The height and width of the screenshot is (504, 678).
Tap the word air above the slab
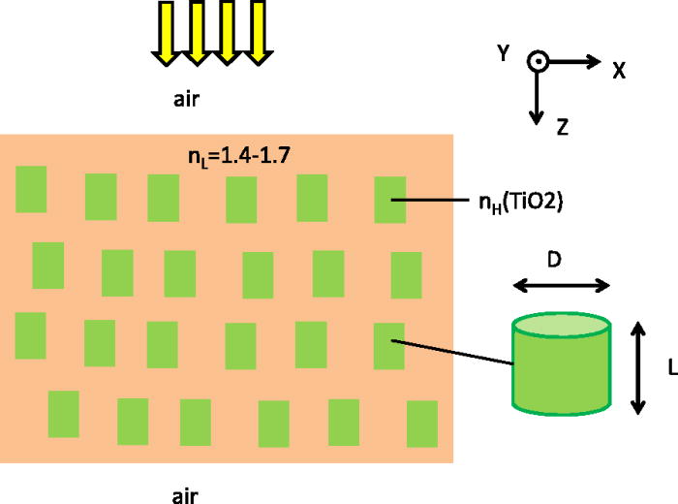click(185, 99)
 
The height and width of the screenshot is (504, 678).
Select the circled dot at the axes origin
click(536, 62)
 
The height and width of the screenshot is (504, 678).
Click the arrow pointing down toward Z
click(536, 97)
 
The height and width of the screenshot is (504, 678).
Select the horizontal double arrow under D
click(561, 285)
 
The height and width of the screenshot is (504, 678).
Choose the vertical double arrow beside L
click(637, 367)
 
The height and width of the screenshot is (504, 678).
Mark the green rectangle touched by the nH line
click(390, 200)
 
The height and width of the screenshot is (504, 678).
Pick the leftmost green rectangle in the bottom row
click(64, 414)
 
